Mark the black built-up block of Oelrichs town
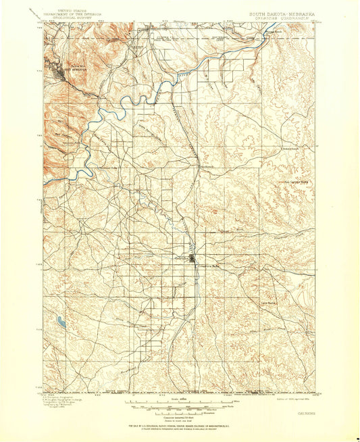[193, 257]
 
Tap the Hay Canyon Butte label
[294, 180]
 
